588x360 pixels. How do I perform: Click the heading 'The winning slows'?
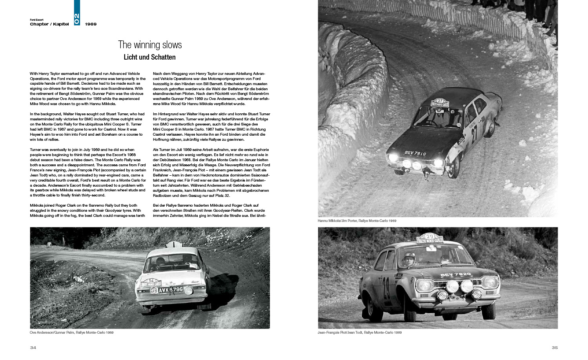click(x=150, y=45)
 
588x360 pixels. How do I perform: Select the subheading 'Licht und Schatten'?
click(x=149, y=57)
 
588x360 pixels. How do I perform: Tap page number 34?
click(x=33, y=347)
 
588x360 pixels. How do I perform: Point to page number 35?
click(x=554, y=347)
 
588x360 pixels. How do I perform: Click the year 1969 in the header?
click(x=91, y=24)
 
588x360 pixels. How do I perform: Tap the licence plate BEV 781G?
click(x=415, y=154)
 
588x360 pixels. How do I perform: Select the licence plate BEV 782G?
click(x=455, y=275)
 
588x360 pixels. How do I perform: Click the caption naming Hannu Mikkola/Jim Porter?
click(x=357, y=221)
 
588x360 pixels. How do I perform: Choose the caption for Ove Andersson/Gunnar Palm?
click(x=71, y=333)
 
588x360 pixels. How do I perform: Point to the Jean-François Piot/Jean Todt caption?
click(x=359, y=333)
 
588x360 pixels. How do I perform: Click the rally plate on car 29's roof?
click(x=430, y=238)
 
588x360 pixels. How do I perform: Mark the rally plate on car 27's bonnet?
click(x=440, y=102)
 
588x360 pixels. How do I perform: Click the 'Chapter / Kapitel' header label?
click(x=49, y=24)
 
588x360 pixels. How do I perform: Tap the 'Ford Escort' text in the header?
click(x=36, y=20)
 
